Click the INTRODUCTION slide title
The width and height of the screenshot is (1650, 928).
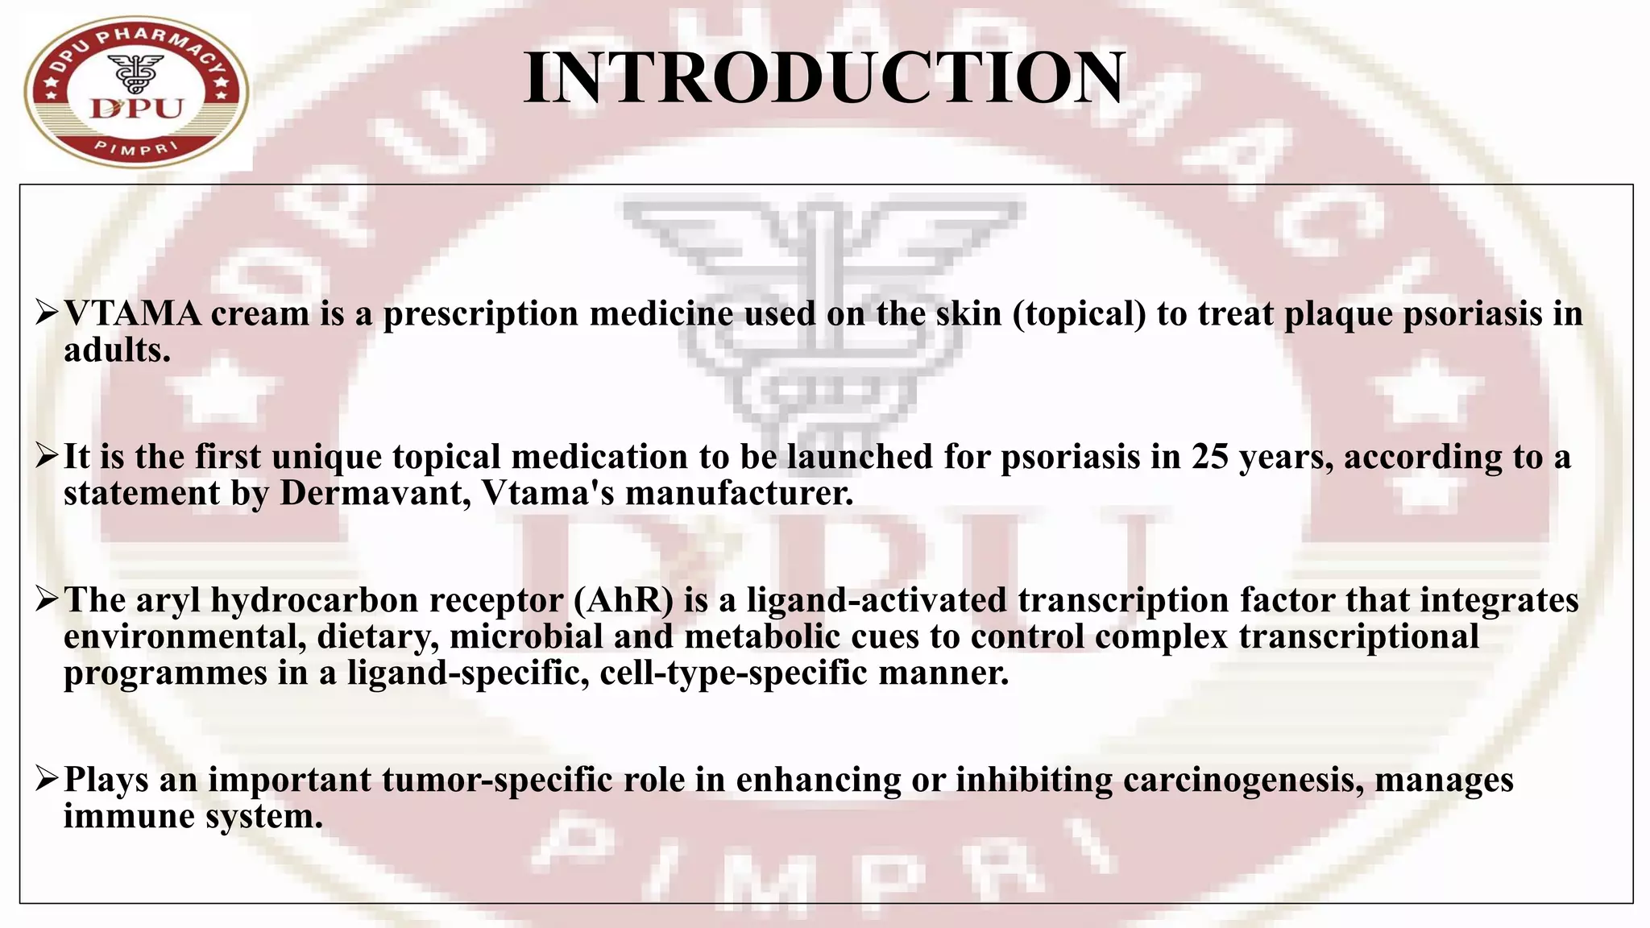pyautogui.click(x=823, y=78)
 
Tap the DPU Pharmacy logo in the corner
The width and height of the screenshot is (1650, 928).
pyautogui.click(x=136, y=91)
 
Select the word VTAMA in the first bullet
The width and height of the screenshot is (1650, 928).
pyautogui.click(x=132, y=314)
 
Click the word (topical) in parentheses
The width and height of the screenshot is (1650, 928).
pyautogui.click(x=1080, y=314)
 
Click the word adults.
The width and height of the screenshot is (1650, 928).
pyautogui.click(x=117, y=350)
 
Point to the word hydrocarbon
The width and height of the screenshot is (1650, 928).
pyautogui.click(x=314, y=600)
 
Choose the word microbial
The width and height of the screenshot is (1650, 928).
pyautogui.click(x=526, y=636)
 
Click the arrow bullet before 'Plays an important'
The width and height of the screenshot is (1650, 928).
pyautogui.click(x=46, y=779)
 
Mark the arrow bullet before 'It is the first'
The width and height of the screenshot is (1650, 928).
pyautogui.click(x=46, y=456)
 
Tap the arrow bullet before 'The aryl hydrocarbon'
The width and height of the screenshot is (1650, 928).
pyautogui.click(x=46, y=599)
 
